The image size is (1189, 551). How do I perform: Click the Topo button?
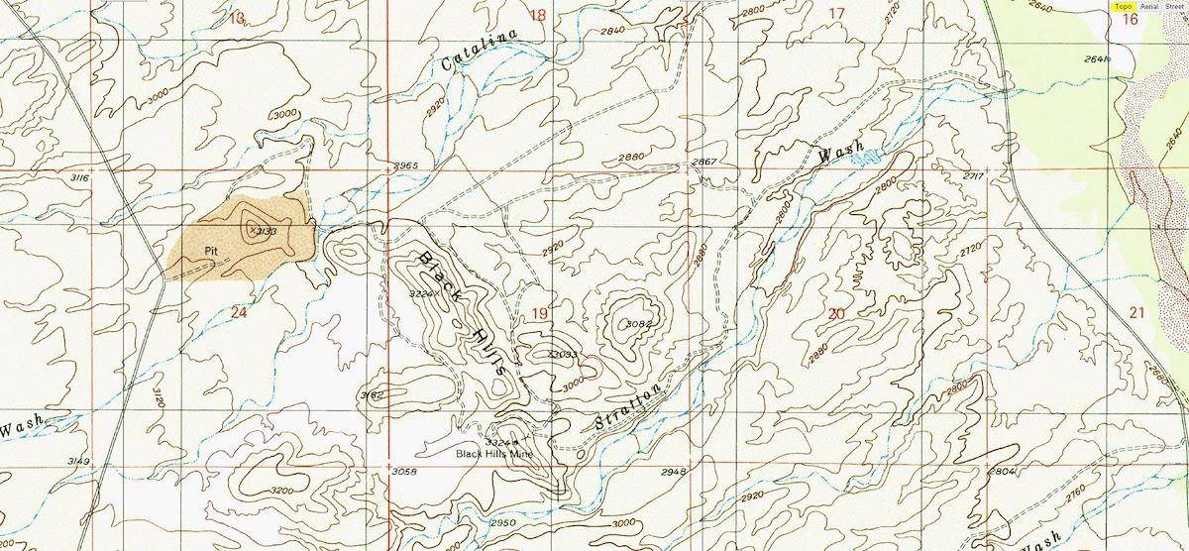coord(1123,6)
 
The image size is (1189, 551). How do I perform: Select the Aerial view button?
coord(1148,6)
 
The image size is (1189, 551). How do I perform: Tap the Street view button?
coord(1174,6)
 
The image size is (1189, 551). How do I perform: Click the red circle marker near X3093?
coord(590,368)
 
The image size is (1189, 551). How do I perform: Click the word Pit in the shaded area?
coord(210,251)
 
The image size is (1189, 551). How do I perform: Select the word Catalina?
coord(480,51)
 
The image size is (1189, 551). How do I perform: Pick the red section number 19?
coord(540,313)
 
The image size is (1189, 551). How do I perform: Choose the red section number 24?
coord(238,312)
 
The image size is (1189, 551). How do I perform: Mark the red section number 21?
coord(1135,312)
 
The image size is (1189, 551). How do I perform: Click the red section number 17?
coord(836,14)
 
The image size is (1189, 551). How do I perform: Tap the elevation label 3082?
coord(638,324)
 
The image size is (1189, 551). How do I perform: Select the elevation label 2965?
coord(406,165)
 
